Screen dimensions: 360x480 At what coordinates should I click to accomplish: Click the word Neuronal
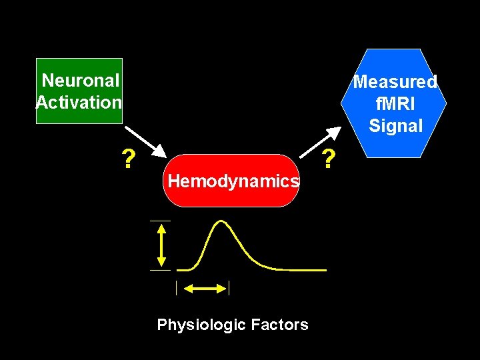81,81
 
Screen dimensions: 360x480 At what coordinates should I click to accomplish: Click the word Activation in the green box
79,103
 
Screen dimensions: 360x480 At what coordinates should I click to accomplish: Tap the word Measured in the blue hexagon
395,82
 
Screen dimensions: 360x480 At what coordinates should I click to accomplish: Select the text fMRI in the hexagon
395,104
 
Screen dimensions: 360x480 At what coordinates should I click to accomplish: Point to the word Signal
395,125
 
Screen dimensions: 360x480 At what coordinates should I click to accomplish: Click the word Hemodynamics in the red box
233,180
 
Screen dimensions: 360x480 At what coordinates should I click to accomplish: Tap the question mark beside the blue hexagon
327,159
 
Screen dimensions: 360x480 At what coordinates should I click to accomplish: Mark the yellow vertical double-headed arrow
161,245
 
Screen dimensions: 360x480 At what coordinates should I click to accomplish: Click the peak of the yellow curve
219,221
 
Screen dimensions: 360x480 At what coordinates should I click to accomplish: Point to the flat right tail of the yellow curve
307,270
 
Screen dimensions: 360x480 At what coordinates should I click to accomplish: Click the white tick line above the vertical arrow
160,220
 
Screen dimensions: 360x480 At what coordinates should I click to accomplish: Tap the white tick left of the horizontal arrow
176,288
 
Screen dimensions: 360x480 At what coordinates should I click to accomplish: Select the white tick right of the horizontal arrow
229,288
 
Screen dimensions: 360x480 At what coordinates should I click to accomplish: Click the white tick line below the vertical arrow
160,270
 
